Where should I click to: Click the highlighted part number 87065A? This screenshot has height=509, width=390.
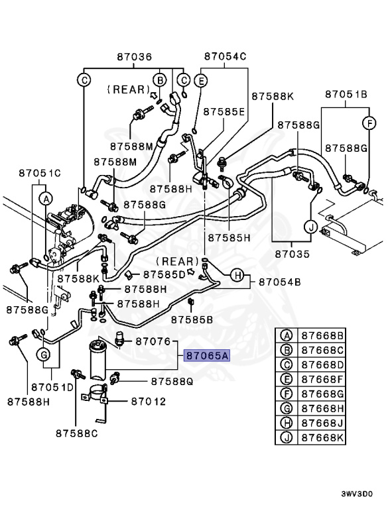tap(206, 356)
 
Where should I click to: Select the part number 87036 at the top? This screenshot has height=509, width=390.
tap(135, 58)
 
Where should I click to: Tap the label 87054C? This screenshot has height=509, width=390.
tap(225, 58)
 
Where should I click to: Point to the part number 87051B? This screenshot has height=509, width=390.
tap(346, 95)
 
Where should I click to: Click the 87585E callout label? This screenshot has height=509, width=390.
tap(224, 111)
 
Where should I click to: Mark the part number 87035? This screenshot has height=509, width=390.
tap(292, 253)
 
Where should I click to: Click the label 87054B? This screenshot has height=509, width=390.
tap(280, 282)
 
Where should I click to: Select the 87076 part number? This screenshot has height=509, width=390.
tap(154, 341)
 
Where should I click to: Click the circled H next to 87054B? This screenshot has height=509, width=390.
tap(236, 275)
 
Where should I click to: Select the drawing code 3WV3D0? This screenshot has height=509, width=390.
tap(357, 494)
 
